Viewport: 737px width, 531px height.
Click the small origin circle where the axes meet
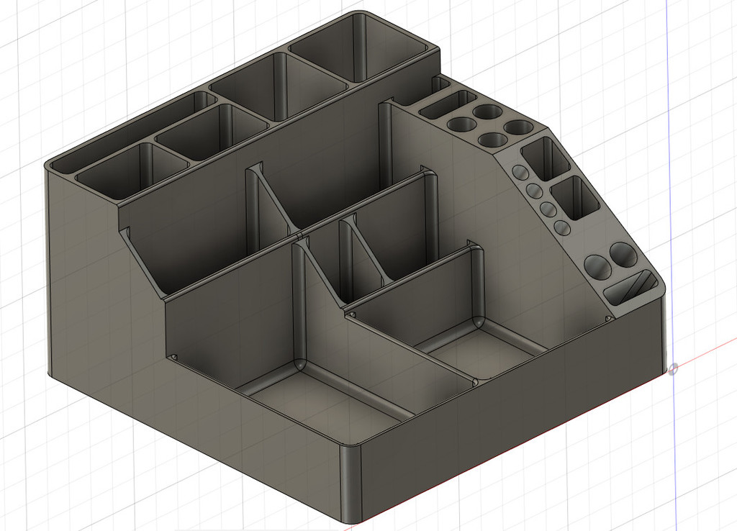coord(673,369)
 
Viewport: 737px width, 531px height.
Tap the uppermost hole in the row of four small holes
coord(519,173)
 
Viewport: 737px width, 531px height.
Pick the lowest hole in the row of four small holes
coord(562,227)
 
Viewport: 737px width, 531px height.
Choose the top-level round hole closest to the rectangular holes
coord(517,127)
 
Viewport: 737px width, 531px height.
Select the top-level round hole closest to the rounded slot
coord(458,124)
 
